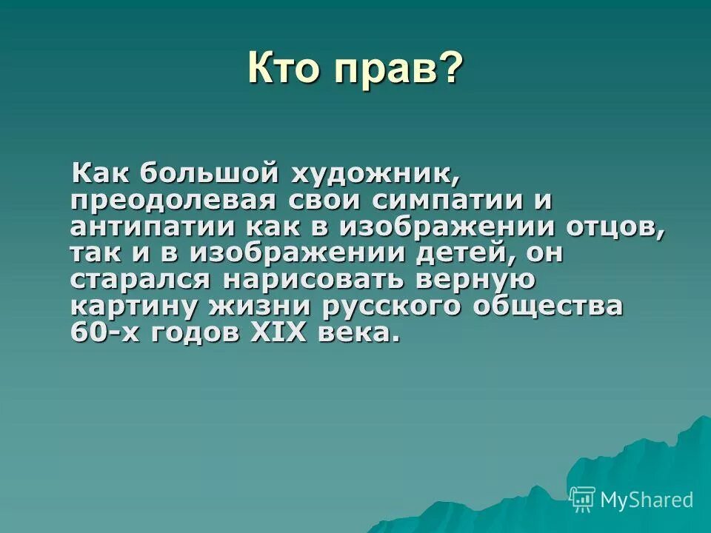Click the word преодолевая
[174, 201]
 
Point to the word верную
[481, 281]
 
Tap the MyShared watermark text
[647, 500]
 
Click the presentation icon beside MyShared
[583, 500]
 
